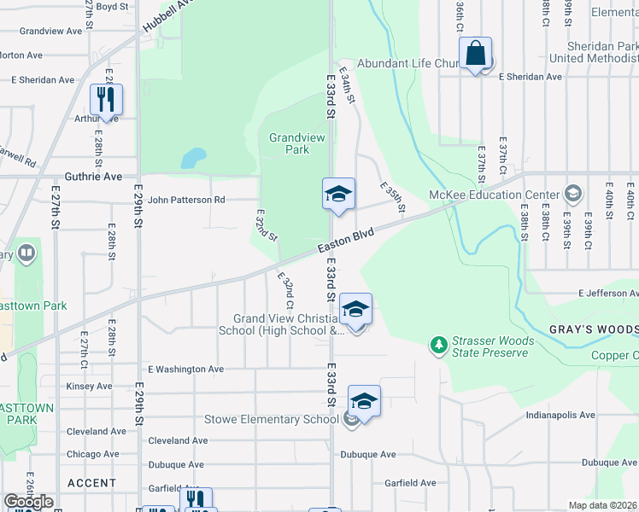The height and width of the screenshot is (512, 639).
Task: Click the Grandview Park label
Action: (x=289, y=143)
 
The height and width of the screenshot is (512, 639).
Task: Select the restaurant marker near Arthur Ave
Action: (x=107, y=100)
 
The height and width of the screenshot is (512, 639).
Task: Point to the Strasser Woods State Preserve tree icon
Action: (x=439, y=345)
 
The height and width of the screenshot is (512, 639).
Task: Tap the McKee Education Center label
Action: (x=507, y=195)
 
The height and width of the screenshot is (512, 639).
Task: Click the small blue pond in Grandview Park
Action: (x=193, y=158)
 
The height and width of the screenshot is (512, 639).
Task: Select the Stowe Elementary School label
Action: (x=272, y=420)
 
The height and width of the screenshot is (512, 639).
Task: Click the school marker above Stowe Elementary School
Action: (x=364, y=402)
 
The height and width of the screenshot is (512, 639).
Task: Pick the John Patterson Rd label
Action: (x=186, y=201)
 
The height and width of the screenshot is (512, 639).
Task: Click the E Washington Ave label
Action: (x=185, y=369)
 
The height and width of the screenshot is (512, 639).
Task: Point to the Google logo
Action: (x=28, y=502)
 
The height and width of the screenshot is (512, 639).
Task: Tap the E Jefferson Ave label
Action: (x=607, y=294)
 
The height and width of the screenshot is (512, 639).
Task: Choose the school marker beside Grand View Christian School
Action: (x=355, y=310)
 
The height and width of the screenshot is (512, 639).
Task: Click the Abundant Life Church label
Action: (x=409, y=64)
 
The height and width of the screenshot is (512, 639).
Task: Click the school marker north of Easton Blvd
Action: (x=337, y=195)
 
